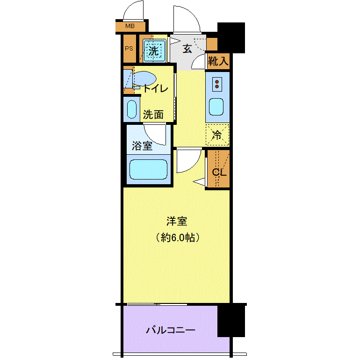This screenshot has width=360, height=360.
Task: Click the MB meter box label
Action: click(x=130, y=26)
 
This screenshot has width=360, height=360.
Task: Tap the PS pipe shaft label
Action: click(x=129, y=49)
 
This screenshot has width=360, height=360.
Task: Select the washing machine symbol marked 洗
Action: click(x=154, y=50)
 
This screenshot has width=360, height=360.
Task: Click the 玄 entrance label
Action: click(x=187, y=48)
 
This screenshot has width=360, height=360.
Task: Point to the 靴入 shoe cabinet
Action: click(x=218, y=61)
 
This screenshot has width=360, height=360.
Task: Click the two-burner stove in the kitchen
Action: click(x=217, y=84)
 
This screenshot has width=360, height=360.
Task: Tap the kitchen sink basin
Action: click(x=217, y=107)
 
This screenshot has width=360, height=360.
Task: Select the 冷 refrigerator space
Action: click(x=217, y=135)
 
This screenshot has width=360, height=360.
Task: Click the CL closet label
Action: click(x=219, y=172)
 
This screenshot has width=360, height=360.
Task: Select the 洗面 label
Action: click(x=153, y=114)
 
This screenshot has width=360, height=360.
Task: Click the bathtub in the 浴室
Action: click(x=148, y=169)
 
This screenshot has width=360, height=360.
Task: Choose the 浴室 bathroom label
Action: click(x=142, y=146)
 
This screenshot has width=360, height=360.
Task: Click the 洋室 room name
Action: click(x=177, y=221)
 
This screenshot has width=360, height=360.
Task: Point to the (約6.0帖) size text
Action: click(x=178, y=238)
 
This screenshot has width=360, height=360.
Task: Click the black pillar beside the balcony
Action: click(x=231, y=320)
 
